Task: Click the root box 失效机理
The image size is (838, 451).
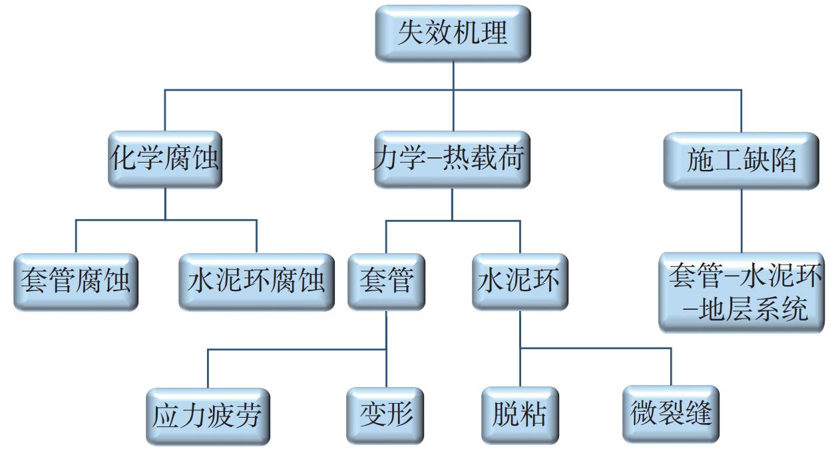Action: pos(453,33)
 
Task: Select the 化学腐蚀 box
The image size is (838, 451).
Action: pos(164,160)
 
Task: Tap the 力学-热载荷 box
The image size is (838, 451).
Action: pos(453,160)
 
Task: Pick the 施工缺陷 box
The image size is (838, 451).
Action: pos(741,161)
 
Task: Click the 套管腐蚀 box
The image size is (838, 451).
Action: pos(75,282)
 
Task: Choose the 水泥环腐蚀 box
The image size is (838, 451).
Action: pos(256,282)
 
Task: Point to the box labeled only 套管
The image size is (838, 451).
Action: pos(386,282)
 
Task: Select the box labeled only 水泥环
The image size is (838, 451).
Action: pos(520,282)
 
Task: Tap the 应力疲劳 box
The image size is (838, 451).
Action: pos(208,416)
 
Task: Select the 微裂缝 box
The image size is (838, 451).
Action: pos(671,414)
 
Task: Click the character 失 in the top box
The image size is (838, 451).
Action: pos(411,33)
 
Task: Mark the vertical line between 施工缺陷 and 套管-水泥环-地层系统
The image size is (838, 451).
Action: pos(741,220)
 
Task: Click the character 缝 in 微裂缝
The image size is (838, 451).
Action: pos(698,414)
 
